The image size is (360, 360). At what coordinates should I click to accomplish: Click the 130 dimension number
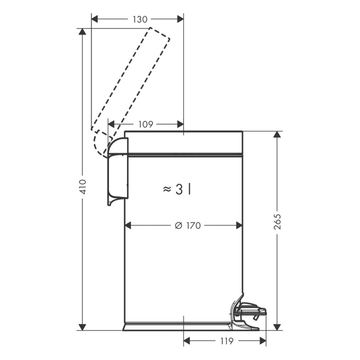(x=140, y=20)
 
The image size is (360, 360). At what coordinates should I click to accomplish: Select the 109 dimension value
(x=146, y=124)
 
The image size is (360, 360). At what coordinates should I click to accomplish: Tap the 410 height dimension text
(x=83, y=187)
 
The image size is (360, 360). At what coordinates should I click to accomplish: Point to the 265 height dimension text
(x=277, y=222)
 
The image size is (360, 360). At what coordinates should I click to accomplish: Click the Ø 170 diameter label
(x=188, y=225)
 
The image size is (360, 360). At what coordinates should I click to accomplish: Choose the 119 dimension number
(x=227, y=341)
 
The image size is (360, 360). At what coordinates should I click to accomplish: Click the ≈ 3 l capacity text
(x=177, y=190)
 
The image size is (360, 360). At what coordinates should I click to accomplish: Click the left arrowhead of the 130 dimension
(x=95, y=20)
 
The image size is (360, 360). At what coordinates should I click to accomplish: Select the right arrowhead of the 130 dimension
(x=180, y=20)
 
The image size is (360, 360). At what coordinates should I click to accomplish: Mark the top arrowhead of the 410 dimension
(x=82, y=32)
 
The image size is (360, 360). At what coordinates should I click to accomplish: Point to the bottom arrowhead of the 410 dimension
(x=82, y=327)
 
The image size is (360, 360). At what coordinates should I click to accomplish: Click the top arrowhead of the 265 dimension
(x=277, y=135)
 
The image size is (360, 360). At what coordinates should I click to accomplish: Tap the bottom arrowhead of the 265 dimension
(x=277, y=327)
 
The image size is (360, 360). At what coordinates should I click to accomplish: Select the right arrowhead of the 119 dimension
(x=263, y=341)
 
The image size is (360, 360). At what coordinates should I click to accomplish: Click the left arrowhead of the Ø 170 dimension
(x=128, y=225)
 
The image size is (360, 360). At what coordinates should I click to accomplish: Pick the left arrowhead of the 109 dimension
(x=112, y=124)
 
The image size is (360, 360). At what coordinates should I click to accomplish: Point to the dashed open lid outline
(x=131, y=92)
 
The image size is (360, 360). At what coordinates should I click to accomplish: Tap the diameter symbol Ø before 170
(x=178, y=225)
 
